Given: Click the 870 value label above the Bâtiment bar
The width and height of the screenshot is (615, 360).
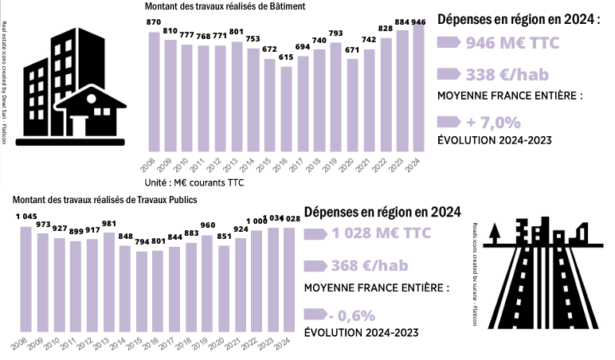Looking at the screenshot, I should pyautogui.click(x=155, y=22).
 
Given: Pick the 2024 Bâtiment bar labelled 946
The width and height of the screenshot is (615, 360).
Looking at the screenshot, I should pyautogui.click(x=418, y=88).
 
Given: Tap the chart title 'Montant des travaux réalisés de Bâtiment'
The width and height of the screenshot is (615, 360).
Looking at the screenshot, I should pyautogui.click(x=225, y=6).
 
